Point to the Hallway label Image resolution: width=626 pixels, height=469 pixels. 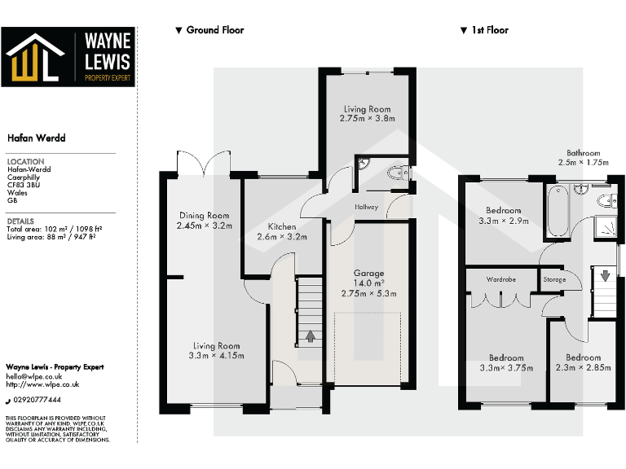[367, 208]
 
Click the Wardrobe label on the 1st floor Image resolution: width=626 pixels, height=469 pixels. [500, 279]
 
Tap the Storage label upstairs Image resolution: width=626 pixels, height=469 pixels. [554, 279]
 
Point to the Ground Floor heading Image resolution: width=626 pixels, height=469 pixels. [214, 30]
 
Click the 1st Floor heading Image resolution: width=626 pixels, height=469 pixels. [489, 30]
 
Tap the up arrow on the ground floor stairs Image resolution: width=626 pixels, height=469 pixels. [310, 335]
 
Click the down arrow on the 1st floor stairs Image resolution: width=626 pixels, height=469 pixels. [605, 275]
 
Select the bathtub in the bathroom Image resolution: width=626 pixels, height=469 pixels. [559, 212]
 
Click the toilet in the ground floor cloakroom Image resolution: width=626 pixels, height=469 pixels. [397, 172]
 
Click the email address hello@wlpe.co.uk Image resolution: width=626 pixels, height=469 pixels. [34, 376]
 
